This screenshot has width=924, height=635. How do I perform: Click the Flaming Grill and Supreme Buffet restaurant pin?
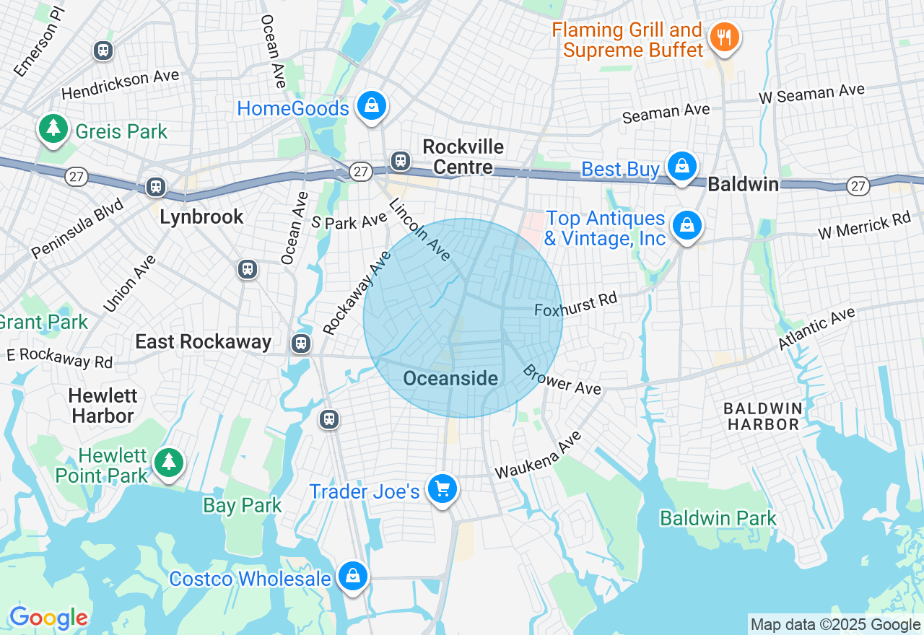[x=723, y=37]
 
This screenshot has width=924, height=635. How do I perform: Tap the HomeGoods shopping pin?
[x=371, y=106]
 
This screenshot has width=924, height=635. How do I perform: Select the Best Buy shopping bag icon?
[x=681, y=166]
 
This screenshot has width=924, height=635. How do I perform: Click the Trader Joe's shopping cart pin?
[x=442, y=489]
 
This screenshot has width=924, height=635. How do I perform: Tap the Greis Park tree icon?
[x=53, y=128]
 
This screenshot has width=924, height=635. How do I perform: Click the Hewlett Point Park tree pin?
[x=169, y=462]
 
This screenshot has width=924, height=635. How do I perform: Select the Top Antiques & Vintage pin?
[x=687, y=226]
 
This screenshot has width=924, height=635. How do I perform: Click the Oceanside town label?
[x=450, y=378]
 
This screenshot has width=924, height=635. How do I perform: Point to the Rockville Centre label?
[x=463, y=157]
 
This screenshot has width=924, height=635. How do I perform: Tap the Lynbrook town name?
[x=201, y=216]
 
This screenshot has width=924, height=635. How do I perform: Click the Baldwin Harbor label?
[x=763, y=416]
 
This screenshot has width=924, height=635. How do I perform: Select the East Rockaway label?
[x=204, y=341]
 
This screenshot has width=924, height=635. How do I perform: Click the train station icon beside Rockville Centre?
[x=400, y=161]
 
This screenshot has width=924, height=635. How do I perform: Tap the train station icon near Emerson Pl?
[x=103, y=50]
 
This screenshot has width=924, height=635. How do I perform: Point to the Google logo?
[x=48, y=618]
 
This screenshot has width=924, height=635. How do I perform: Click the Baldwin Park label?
[x=718, y=518]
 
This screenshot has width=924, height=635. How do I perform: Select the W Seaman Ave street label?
[x=811, y=93]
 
